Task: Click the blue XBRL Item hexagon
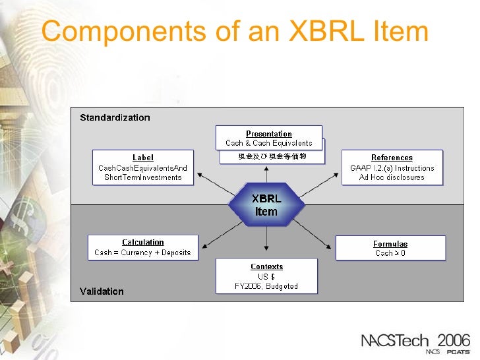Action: click(x=266, y=205)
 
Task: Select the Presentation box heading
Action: click(x=269, y=134)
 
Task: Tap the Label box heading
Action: click(x=143, y=158)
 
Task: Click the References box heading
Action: click(x=392, y=158)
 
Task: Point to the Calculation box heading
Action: click(x=143, y=243)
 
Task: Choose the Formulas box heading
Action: click(x=390, y=243)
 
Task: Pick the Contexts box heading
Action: click(x=267, y=267)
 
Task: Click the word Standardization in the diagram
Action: click(x=115, y=118)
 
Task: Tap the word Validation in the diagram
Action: click(x=102, y=291)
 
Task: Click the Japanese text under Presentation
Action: click(x=272, y=157)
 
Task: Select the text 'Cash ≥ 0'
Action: click(x=390, y=253)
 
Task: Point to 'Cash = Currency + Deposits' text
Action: click(x=142, y=253)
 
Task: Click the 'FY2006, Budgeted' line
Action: click(x=266, y=286)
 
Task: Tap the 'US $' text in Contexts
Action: click(x=266, y=277)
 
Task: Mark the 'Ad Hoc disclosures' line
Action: click(x=392, y=177)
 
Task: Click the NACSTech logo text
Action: click(x=395, y=341)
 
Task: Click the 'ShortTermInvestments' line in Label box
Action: click(x=143, y=177)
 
